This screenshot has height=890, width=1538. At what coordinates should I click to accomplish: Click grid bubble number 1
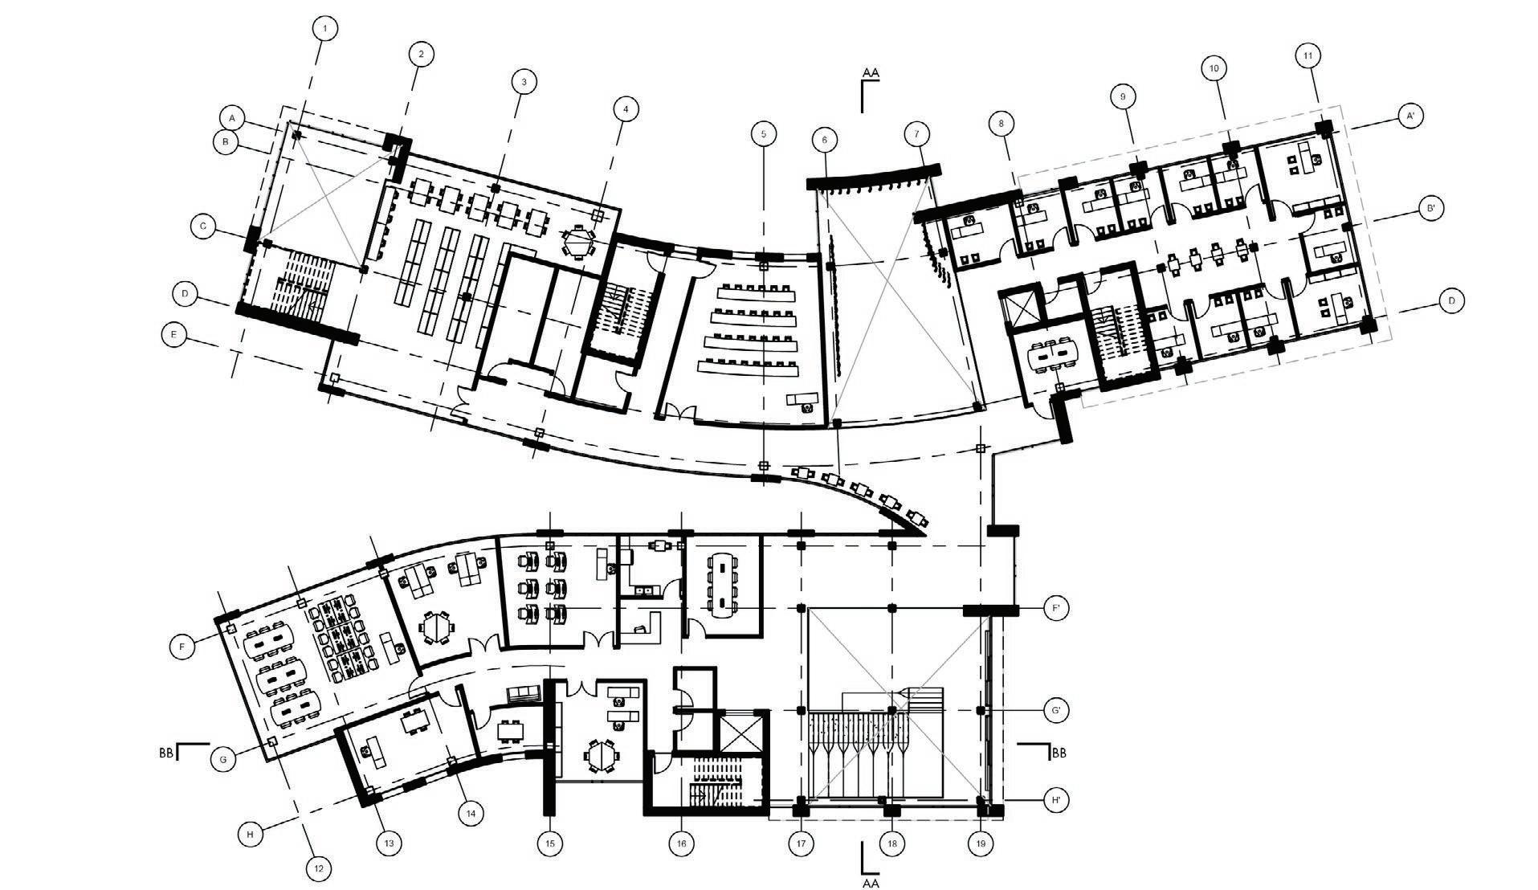coord(324,30)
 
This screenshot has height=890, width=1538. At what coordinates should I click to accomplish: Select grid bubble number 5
coord(764,133)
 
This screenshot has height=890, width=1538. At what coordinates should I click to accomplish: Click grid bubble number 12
coord(319,868)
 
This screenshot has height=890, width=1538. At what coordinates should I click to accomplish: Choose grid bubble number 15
coord(549,843)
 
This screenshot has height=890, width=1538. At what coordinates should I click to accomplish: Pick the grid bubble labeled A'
coord(1410,116)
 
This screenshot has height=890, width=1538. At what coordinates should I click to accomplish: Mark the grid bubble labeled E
coord(173,334)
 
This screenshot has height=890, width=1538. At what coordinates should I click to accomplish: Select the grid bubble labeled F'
coord(1056,609)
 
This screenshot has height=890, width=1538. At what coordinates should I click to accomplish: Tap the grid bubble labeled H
coord(251,835)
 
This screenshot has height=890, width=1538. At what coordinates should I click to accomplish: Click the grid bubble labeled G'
coord(1056,711)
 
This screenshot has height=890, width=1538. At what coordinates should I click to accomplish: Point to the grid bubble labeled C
coord(203,227)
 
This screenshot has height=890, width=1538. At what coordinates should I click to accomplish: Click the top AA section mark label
coord(871,73)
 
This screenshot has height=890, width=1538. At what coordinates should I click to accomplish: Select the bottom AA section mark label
coord(871,883)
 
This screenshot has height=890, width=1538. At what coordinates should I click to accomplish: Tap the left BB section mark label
coord(167,753)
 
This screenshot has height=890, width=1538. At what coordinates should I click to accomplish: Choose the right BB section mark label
coord(1059,753)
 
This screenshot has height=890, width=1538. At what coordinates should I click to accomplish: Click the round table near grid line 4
coord(577,239)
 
